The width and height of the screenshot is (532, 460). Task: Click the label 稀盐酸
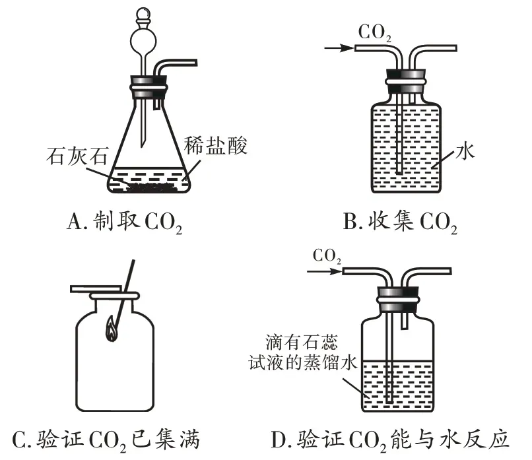[220, 146]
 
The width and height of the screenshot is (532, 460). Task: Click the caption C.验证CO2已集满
[106, 439]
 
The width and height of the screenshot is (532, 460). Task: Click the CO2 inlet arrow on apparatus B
[336, 48]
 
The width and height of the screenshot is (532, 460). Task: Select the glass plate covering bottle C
[103, 289]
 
